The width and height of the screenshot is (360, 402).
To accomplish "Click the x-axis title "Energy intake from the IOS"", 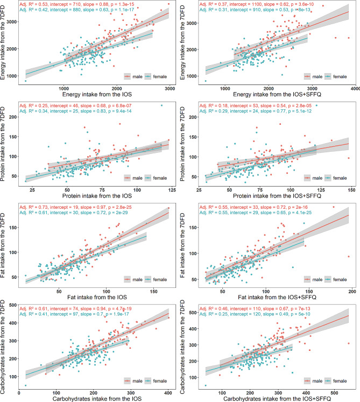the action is [x=97, y=94].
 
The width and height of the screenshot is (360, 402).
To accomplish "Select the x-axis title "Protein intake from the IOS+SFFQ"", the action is [x=277, y=196].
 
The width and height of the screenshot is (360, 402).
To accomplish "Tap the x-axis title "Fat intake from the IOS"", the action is [x=97, y=298].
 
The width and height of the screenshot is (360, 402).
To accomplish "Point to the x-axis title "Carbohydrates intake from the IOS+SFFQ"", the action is [x=277, y=399].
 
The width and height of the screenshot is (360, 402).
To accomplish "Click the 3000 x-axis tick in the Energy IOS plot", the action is [x=170, y=89].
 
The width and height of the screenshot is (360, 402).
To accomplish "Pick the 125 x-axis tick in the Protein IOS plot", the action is [x=172, y=190].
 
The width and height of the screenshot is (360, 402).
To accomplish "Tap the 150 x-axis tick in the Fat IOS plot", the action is [x=153, y=292].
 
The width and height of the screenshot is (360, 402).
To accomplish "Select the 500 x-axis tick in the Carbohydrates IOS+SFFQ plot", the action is [x=334, y=393].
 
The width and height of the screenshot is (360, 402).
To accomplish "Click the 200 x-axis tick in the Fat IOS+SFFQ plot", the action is [x=352, y=292].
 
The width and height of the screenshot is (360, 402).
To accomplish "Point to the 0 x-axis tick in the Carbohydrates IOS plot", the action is [x=19, y=393].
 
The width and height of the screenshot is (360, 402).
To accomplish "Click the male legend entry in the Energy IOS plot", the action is [x=133, y=76].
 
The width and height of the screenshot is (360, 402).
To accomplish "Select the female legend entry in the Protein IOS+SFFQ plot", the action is [x=336, y=178].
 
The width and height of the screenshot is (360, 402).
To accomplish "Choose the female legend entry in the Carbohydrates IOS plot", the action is [x=156, y=381].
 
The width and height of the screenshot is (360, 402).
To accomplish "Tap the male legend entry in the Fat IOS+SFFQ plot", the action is [x=313, y=279].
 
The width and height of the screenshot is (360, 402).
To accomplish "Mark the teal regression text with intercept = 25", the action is [x=76, y=111].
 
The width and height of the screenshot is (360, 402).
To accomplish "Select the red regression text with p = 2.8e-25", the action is [x=76, y=207].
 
